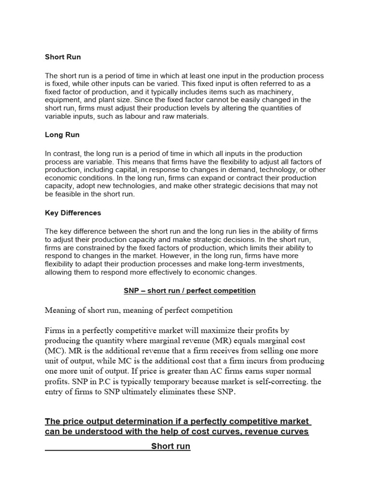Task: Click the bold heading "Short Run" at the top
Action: pyautogui.click(x=63, y=57)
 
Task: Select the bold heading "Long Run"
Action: pyautogui.click(x=62, y=135)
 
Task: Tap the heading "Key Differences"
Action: pyautogui.click(x=73, y=213)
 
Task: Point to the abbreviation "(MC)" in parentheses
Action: pyautogui.click(x=55, y=351)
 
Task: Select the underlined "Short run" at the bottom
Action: pyautogui.click(x=171, y=446)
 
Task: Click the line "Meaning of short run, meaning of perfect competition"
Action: pyautogui.click(x=139, y=310)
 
